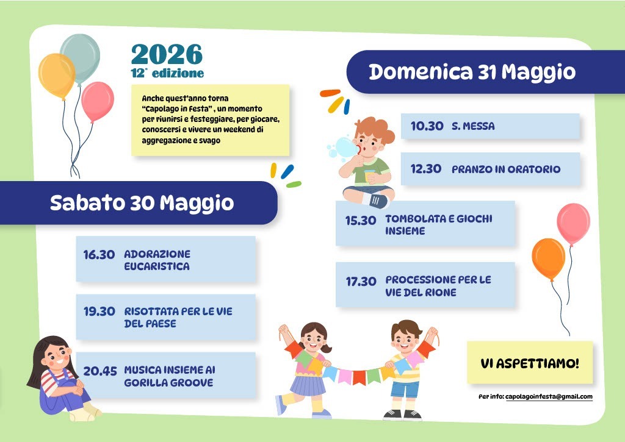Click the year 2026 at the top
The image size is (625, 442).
click(167, 54)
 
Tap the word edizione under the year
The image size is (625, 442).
click(178, 73)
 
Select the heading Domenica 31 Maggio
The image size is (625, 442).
click(472, 72)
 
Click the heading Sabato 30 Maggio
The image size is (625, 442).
click(142, 202)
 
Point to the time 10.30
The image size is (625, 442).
click(427, 126)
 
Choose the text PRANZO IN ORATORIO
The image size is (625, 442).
click(506, 169)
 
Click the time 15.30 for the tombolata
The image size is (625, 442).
click(361, 220)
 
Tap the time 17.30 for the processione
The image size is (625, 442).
click(361, 282)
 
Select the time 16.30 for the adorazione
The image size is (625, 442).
click(99, 254)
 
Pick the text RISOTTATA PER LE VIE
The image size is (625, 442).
click(178, 312)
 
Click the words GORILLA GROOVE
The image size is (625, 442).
click(168, 383)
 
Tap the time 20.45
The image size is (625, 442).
click(100, 371)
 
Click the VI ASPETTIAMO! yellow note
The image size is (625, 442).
click(530, 363)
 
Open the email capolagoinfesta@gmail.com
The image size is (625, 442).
click(549, 397)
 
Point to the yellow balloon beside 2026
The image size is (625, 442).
click(57, 76)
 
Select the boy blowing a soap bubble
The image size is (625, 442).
click(366, 162)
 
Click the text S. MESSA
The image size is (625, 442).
click(473, 126)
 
